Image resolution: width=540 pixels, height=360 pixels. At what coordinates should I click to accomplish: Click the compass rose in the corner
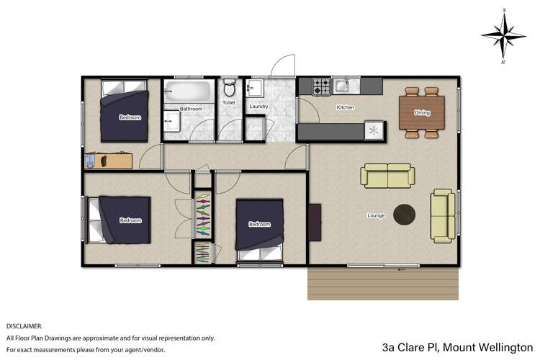[505, 34]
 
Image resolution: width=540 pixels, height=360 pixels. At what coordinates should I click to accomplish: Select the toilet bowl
[229, 89]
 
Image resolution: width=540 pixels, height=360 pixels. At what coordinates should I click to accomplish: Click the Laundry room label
[258, 107]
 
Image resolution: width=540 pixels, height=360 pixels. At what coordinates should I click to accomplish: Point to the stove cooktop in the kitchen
[321, 87]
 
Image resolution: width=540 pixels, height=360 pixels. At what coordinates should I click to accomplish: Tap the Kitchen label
[346, 108]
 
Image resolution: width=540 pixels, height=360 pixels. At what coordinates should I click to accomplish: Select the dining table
[423, 112]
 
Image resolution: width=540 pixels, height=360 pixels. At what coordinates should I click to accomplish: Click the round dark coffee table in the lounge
[405, 214]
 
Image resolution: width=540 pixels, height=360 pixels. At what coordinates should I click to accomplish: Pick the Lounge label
[376, 215]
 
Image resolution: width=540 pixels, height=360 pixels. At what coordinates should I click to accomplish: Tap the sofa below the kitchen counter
[387, 176]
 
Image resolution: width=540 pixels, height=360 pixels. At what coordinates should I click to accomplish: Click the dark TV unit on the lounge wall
[314, 222]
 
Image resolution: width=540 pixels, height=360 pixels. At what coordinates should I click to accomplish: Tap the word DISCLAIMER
[24, 326]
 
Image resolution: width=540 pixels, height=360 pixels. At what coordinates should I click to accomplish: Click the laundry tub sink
[255, 89]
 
